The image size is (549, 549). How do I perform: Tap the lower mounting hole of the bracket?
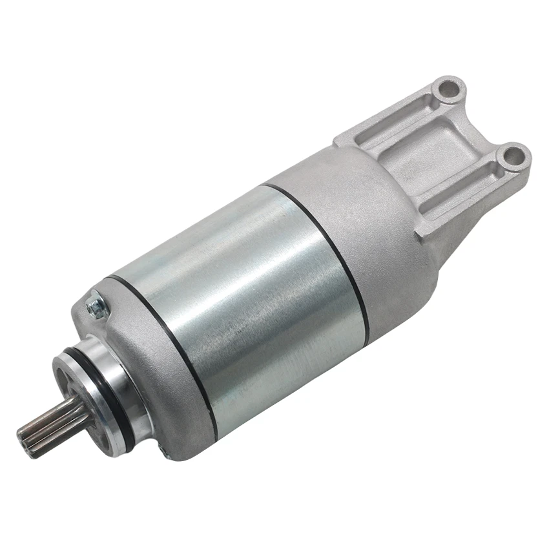pos(512,155)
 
